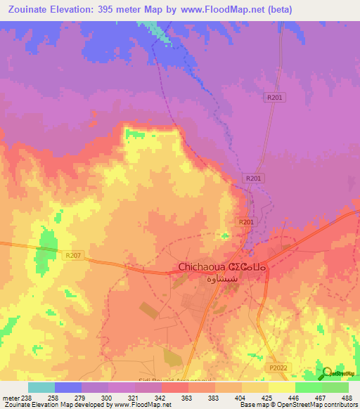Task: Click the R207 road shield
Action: [x=75, y=257]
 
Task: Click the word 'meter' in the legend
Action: [x=11, y=397]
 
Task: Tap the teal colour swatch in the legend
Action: [x=41, y=387]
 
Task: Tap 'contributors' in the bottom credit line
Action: [x=340, y=405]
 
